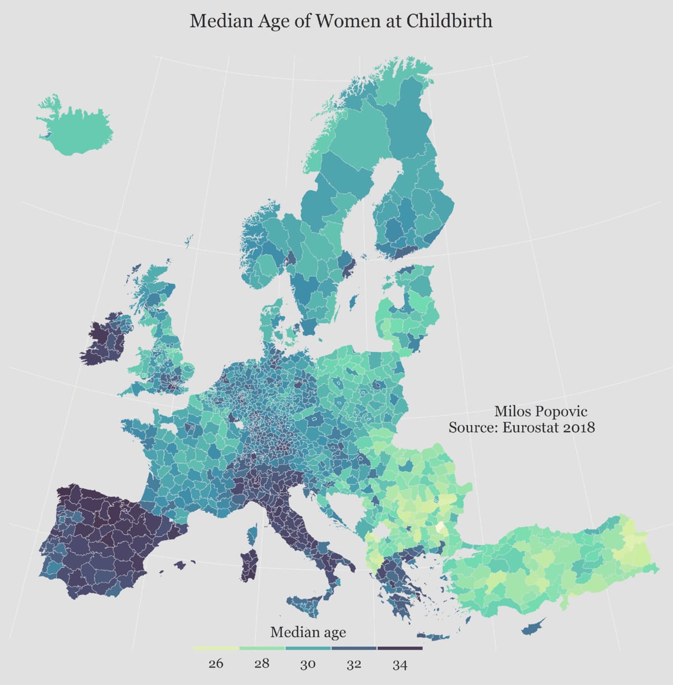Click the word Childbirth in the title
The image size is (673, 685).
pyautogui.click(x=449, y=21)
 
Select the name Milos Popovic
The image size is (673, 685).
pyautogui.click(x=541, y=412)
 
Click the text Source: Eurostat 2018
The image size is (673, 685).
pyautogui.click(x=522, y=428)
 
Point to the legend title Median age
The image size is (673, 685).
pyautogui.click(x=308, y=632)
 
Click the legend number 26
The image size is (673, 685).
pyautogui.click(x=216, y=664)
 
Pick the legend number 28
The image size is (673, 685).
pyautogui.click(x=262, y=664)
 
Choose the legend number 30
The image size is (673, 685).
pyautogui.click(x=308, y=664)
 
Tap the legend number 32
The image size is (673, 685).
pyautogui.click(x=354, y=664)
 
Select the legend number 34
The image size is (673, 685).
pyautogui.click(x=400, y=664)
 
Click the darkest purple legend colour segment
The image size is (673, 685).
pyautogui.click(x=400, y=649)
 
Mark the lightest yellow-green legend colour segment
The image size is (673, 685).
pyautogui.click(x=216, y=649)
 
